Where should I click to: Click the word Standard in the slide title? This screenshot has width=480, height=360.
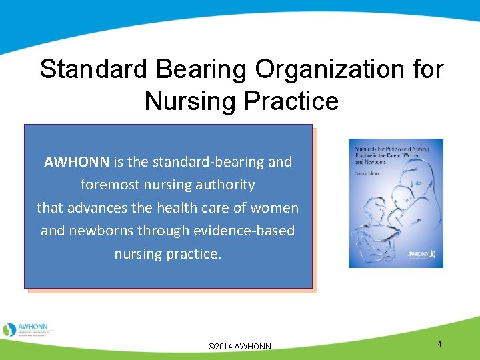tap(91, 69)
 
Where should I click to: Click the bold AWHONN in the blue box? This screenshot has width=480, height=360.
tap(77, 162)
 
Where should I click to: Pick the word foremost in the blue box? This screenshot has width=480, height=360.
tap(109, 185)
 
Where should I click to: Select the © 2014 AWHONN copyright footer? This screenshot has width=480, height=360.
tap(240, 347)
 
